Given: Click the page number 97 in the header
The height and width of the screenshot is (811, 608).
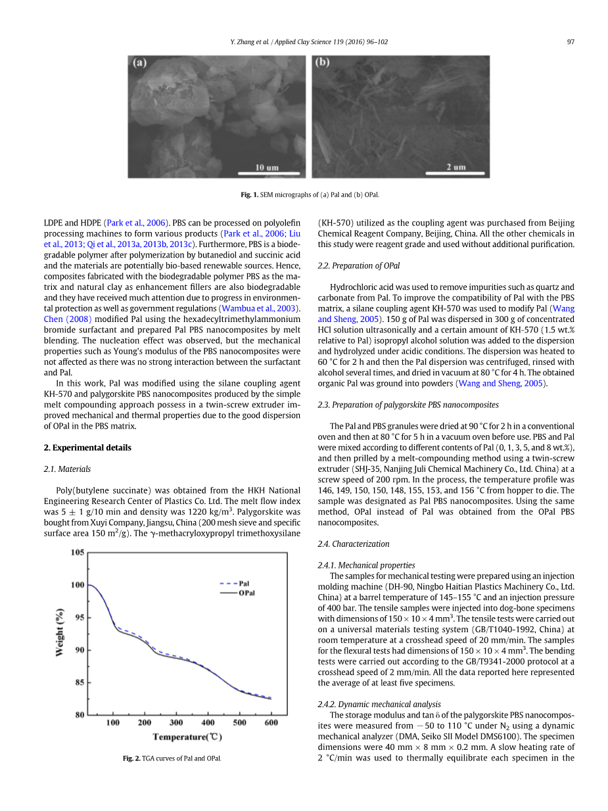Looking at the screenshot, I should pyautogui.click(x=571, y=42).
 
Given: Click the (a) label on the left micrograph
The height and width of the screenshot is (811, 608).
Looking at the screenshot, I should pyautogui.click(x=139, y=63).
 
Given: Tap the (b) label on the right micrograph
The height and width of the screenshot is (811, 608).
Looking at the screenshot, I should pyautogui.click(x=323, y=63).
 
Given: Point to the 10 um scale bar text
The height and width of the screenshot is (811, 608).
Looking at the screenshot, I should pyautogui.click(x=266, y=168).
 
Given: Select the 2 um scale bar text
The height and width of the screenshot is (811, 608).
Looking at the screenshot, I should pyautogui.click(x=456, y=168).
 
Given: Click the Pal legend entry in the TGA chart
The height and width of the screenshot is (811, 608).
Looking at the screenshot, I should pyautogui.click(x=244, y=583).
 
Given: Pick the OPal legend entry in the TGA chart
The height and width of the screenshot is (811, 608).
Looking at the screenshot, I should pyautogui.click(x=246, y=593).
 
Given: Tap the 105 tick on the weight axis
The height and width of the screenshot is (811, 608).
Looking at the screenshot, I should pyautogui.click(x=77, y=553).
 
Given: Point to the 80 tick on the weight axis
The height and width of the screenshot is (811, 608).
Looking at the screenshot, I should pyautogui.click(x=80, y=714).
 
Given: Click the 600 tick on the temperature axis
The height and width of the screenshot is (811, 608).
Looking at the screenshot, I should pyautogui.click(x=271, y=724).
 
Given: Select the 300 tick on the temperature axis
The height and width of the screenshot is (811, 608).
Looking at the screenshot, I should pyautogui.click(x=176, y=724).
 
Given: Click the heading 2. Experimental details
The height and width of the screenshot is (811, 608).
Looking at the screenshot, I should pyautogui.click(x=87, y=448).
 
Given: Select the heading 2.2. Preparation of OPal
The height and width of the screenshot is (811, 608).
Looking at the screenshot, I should pyautogui.click(x=358, y=266).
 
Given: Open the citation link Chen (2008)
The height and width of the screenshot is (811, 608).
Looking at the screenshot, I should pyautogui.click(x=63, y=319).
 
